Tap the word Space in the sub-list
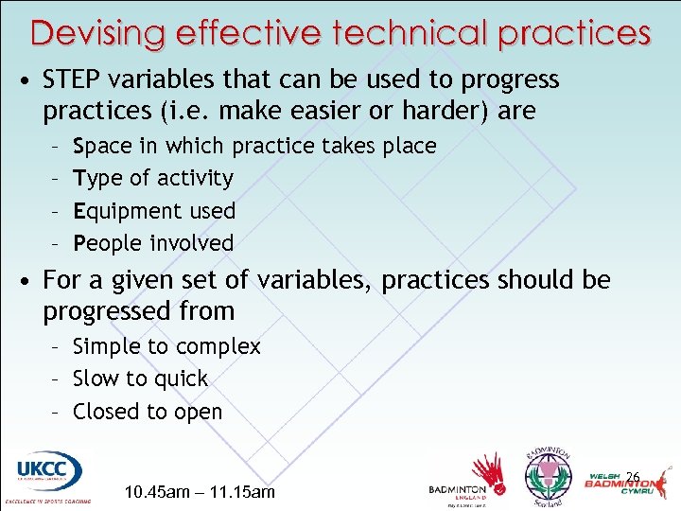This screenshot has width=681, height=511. point(101,146)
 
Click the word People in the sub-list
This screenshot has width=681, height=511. point(105,242)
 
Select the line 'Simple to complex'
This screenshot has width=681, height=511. point(166,346)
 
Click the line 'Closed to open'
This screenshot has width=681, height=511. point(147,412)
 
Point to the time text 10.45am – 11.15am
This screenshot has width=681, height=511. point(200,492)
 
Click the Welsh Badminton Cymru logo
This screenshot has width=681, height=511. point(623,483)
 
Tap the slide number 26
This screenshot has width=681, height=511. point(633,476)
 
